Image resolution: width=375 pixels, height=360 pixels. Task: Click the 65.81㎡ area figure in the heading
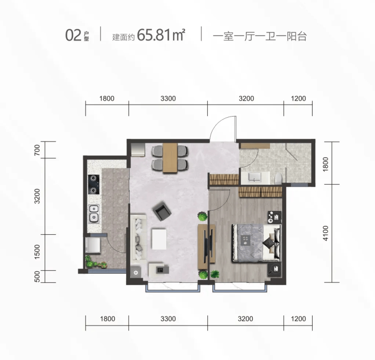pyautogui.click(x=161, y=35)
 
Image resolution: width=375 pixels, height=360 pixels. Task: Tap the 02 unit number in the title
pyautogui.click(x=73, y=35)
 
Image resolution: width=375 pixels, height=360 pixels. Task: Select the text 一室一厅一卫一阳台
pyautogui.click(x=259, y=37)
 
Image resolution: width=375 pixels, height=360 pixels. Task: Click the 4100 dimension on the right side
pyautogui.click(x=325, y=233)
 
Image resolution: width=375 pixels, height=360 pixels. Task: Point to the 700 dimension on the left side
pyautogui.click(x=37, y=150)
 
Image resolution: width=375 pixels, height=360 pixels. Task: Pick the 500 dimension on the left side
pyautogui.click(x=37, y=276)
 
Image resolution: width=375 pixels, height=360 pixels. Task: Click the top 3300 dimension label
pyautogui.click(x=168, y=98)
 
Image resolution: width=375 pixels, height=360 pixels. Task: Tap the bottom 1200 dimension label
pyautogui.click(x=298, y=319)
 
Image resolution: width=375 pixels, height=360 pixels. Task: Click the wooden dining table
pyautogui.click(x=170, y=157)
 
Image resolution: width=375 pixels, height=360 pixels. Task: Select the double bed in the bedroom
pyautogui.click(x=256, y=243)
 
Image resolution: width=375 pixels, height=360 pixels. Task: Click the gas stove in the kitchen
pyautogui.click(x=94, y=184)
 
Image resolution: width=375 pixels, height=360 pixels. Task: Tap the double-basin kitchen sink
pyautogui.click(x=94, y=214)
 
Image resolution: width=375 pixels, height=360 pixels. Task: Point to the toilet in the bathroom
pyautogui.click(x=278, y=179)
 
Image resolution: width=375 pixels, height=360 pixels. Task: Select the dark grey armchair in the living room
pyautogui.click(x=162, y=211)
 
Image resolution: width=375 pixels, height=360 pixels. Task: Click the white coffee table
pyautogui.click(x=159, y=239)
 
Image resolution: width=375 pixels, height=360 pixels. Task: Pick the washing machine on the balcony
pyautogui.click(x=93, y=245)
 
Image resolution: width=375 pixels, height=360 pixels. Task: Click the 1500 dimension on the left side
pyautogui.click(x=37, y=252)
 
